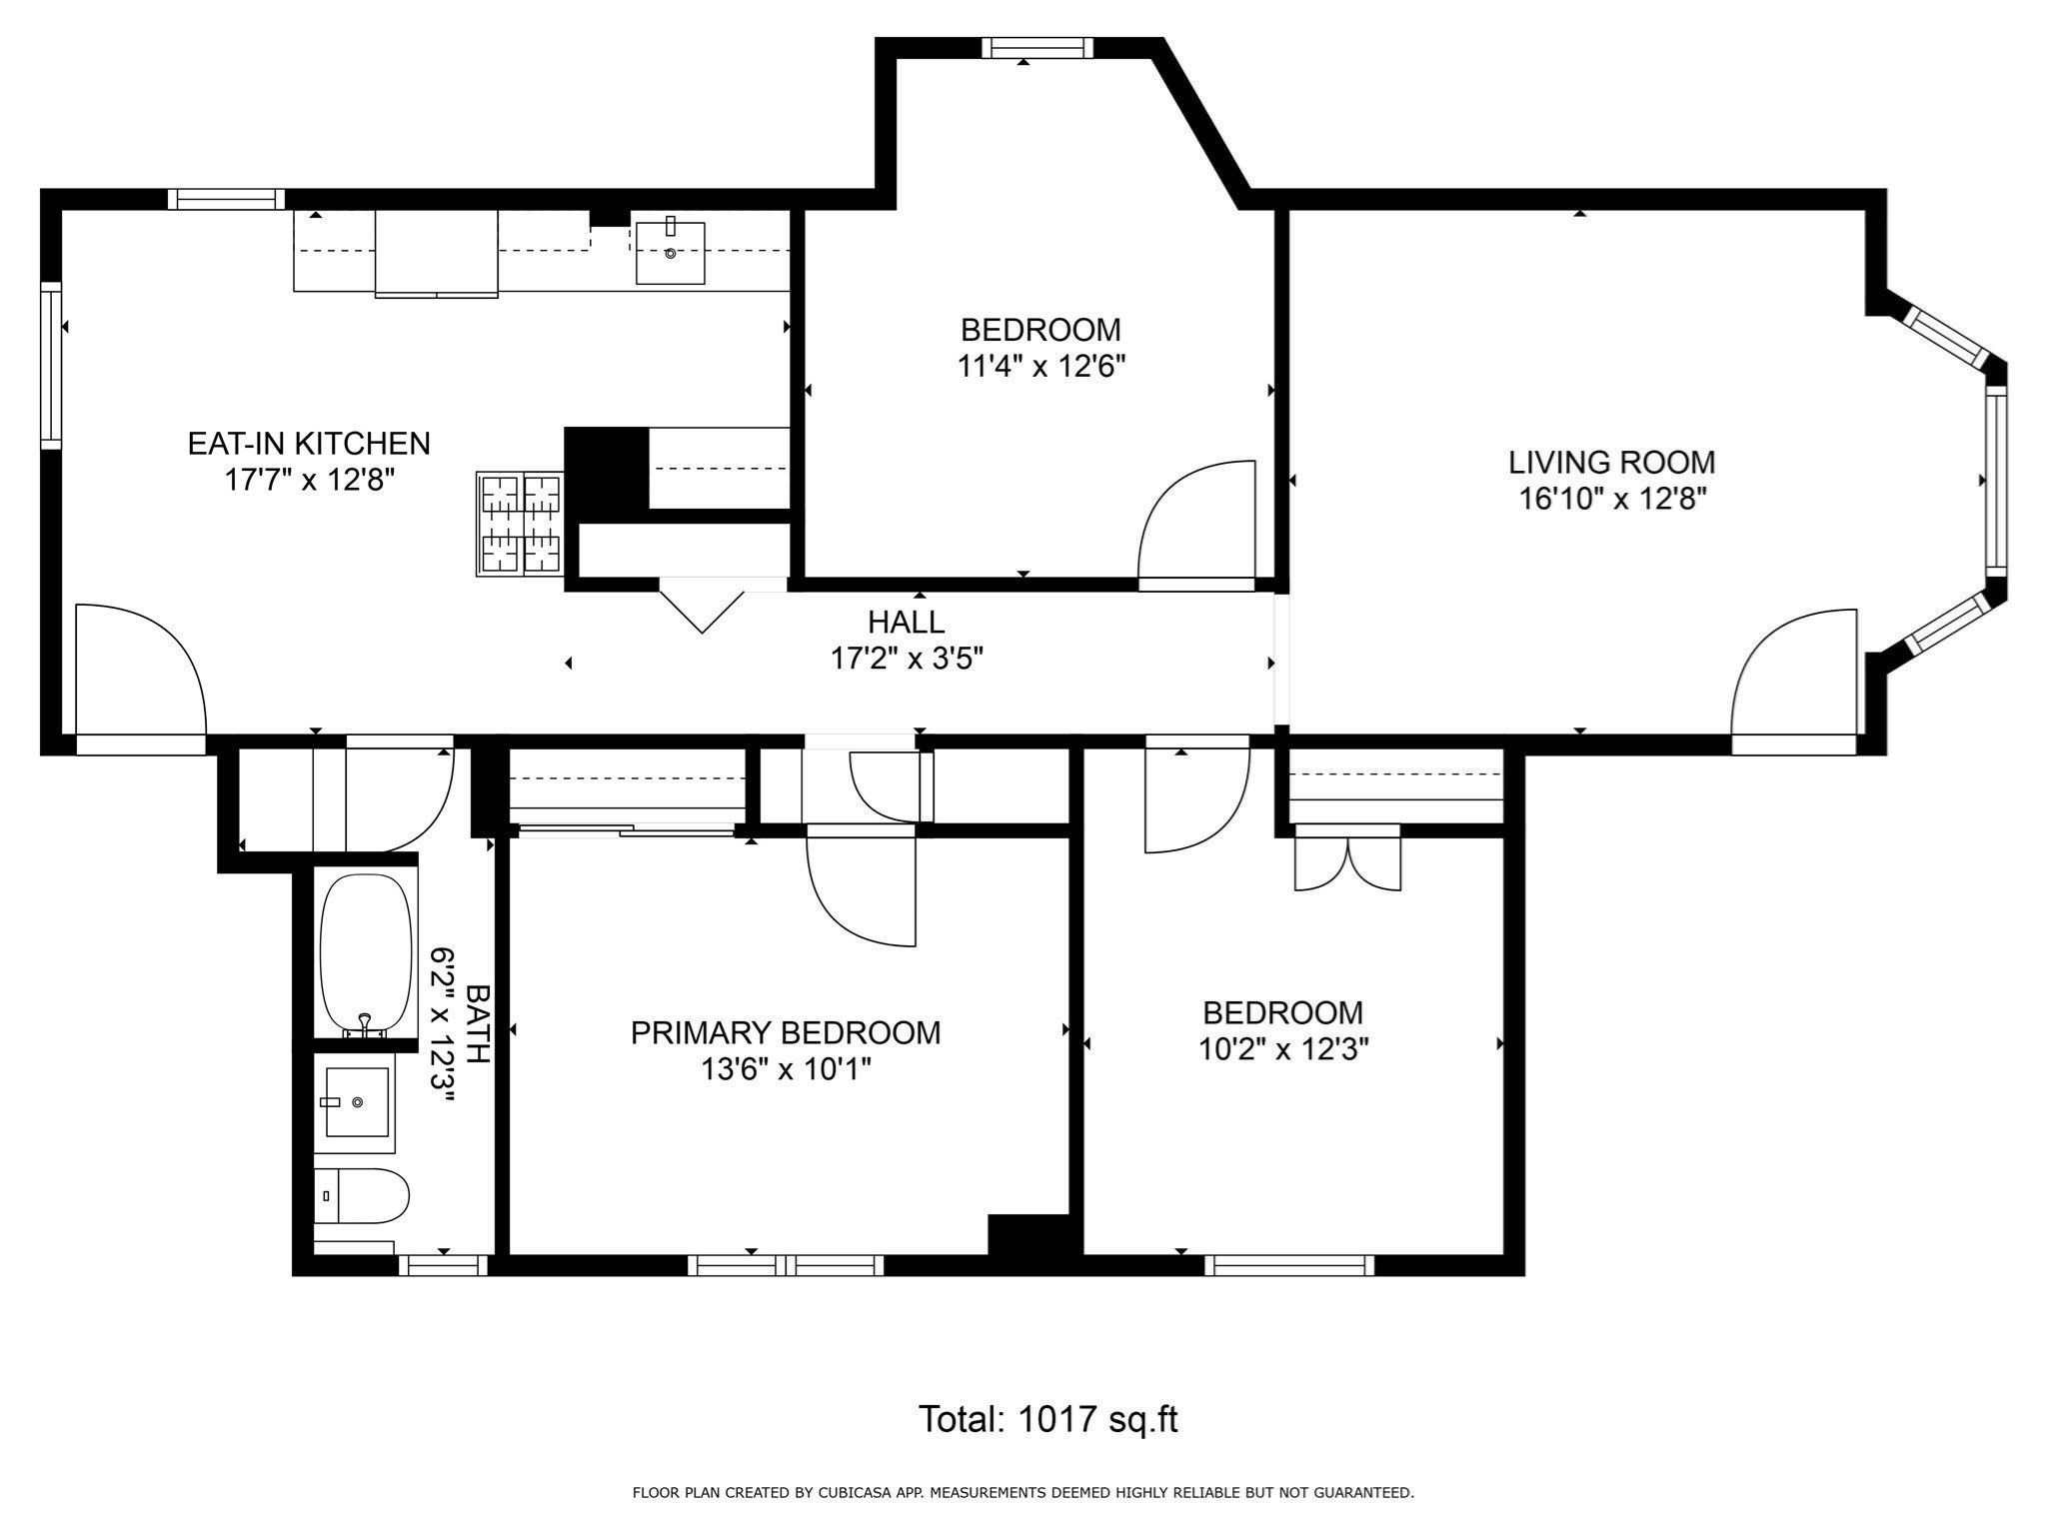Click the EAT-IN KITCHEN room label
pyautogui.click(x=309, y=443)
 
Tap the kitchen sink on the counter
pyautogui.click(x=670, y=253)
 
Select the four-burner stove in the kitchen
pyautogui.click(x=520, y=524)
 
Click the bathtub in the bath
pyautogui.click(x=365, y=954)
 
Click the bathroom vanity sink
pyautogui.click(x=356, y=1101)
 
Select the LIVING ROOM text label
pyautogui.click(x=1611, y=462)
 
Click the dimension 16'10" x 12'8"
pyautogui.click(x=1611, y=499)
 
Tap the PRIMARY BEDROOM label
pyautogui.click(x=785, y=1032)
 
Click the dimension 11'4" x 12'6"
pyautogui.click(x=1040, y=367)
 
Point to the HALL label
pyautogui.click(x=906, y=622)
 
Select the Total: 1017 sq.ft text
pyautogui.click(x=1047, y=1419)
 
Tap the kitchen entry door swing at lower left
pyautogui.click(x=140, y=670)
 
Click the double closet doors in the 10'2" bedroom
pyautogui.click(x=1347, y=861)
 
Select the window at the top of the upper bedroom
pyautogui.click(x=1036, y=48)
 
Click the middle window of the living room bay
pyautogui.click(x=1995, y=480)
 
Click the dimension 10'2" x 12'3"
pyautogui.click(x=1282, y=1049)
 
